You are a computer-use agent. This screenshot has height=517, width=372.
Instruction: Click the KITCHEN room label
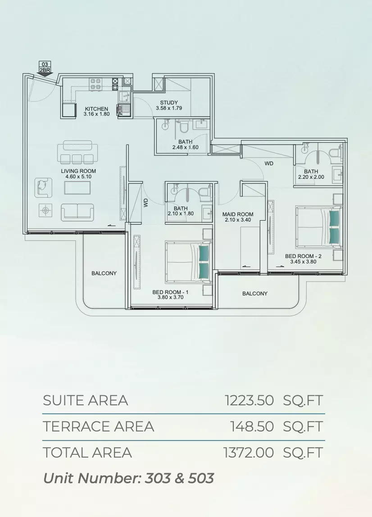(x=96, y=109)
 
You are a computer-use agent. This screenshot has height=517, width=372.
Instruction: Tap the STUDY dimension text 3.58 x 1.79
(x=169, y=108)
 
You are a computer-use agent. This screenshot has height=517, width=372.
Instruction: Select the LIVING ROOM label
(x=78, y=171)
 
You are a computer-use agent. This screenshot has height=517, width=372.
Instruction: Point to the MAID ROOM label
(x=238, y=214)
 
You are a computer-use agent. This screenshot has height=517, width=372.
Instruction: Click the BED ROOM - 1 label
(x=171, y=292)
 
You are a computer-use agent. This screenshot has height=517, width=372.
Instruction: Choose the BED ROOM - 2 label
(x=304, y=256)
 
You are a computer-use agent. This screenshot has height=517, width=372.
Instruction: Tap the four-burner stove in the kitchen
(x=95, y=84)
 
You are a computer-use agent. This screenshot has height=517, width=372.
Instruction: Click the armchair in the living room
(x=44, y=187)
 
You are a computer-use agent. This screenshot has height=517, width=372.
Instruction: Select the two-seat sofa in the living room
(x=77, y=212)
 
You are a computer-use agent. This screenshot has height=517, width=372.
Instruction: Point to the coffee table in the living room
(x=77, y=188)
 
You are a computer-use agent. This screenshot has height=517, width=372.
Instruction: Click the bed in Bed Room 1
(x=188, y=262)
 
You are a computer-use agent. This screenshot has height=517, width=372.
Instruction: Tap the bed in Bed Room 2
(x=319, y=226)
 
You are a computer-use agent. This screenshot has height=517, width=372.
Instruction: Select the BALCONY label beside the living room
(x=104, y=273)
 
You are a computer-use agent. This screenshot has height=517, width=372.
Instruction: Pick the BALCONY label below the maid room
(x=255, y=294)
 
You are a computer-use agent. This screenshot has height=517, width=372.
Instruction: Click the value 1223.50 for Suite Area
(x=250, y=400)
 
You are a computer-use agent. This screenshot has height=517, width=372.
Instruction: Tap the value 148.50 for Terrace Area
(x=252, y=426)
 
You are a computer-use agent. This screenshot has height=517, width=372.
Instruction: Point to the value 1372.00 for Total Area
(x=249, y=452)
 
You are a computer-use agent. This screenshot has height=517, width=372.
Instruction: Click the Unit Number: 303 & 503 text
(x=129, y=478)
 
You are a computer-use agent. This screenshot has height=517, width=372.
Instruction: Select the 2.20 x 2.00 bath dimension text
(x=311, y=177)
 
